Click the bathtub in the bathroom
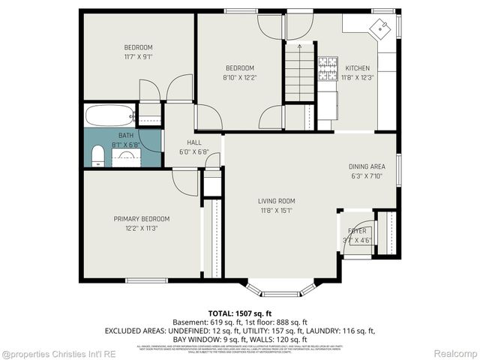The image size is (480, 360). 109,116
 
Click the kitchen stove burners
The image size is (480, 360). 328,68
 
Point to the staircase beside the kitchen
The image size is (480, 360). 298,72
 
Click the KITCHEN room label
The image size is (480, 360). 356,68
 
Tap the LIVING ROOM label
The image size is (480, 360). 277,201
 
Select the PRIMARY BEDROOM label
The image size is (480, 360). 142,219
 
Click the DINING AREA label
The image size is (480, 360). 367,166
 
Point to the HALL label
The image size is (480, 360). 193,142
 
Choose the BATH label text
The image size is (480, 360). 125,136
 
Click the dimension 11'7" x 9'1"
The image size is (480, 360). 139,57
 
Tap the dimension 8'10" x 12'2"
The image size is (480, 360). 240,76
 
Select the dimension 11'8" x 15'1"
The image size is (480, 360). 277,211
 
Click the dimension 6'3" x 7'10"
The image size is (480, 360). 367,176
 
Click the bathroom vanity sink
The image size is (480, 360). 127,157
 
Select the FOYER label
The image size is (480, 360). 357,232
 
